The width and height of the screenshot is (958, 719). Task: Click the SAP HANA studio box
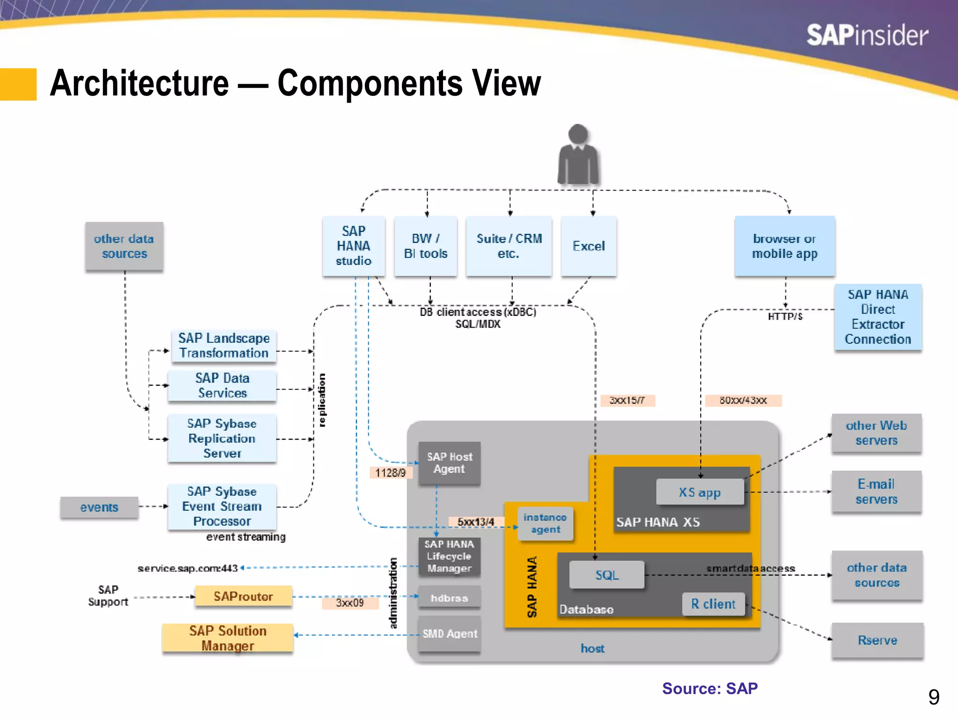coord(354,246)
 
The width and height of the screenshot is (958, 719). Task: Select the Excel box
coord(588,246)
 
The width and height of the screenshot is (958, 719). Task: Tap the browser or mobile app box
coord(784,246)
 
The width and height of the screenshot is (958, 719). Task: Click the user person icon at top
coord(578,154)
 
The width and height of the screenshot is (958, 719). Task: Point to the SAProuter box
coord(243,596)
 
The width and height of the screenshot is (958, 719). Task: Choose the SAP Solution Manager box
coord(228,638)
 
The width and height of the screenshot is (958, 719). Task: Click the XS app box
coord(700,492)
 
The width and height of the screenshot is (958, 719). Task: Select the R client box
coord(713,604)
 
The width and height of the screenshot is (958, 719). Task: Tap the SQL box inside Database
coord(607,575)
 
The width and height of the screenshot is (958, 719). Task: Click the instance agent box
coord(545,523)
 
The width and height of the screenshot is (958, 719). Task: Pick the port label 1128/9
coord(391,473)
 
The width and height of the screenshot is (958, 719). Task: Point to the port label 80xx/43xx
coord(743,401)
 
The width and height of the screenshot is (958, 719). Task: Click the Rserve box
coord(877,640)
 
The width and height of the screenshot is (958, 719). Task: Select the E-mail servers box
coord(876,492)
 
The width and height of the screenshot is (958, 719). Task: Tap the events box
coord(99,507)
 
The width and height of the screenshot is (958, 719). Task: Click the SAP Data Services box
coord(222,386)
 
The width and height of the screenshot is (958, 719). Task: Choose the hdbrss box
coord(449,598)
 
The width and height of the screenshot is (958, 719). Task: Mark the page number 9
coord(934,697)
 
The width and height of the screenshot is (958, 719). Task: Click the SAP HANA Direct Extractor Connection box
coord(878,317)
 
